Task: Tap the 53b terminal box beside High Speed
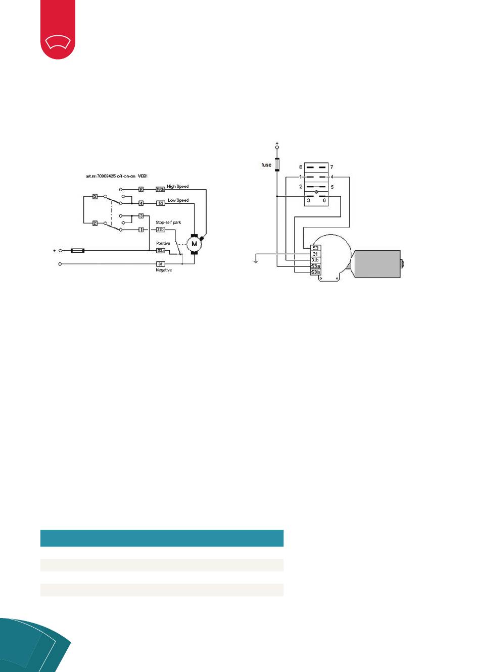(160, 190)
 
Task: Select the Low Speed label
(178, 200)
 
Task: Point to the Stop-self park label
(168, 222)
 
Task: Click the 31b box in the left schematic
(160, 230)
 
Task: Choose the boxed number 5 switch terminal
(95, 196)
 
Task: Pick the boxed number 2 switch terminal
(95, 223)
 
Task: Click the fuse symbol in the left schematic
(78, 250)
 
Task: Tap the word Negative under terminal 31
(164, 270)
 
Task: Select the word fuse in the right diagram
(266, 165)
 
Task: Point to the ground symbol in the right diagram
(256, 261)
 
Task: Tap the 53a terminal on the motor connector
(315, 266)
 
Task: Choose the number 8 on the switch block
(301, 167)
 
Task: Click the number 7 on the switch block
(331, 167)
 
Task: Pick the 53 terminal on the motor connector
(315, 248)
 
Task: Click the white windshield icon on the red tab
(58, 42)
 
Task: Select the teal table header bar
(162, 538)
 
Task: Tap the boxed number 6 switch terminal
(141, 190)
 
